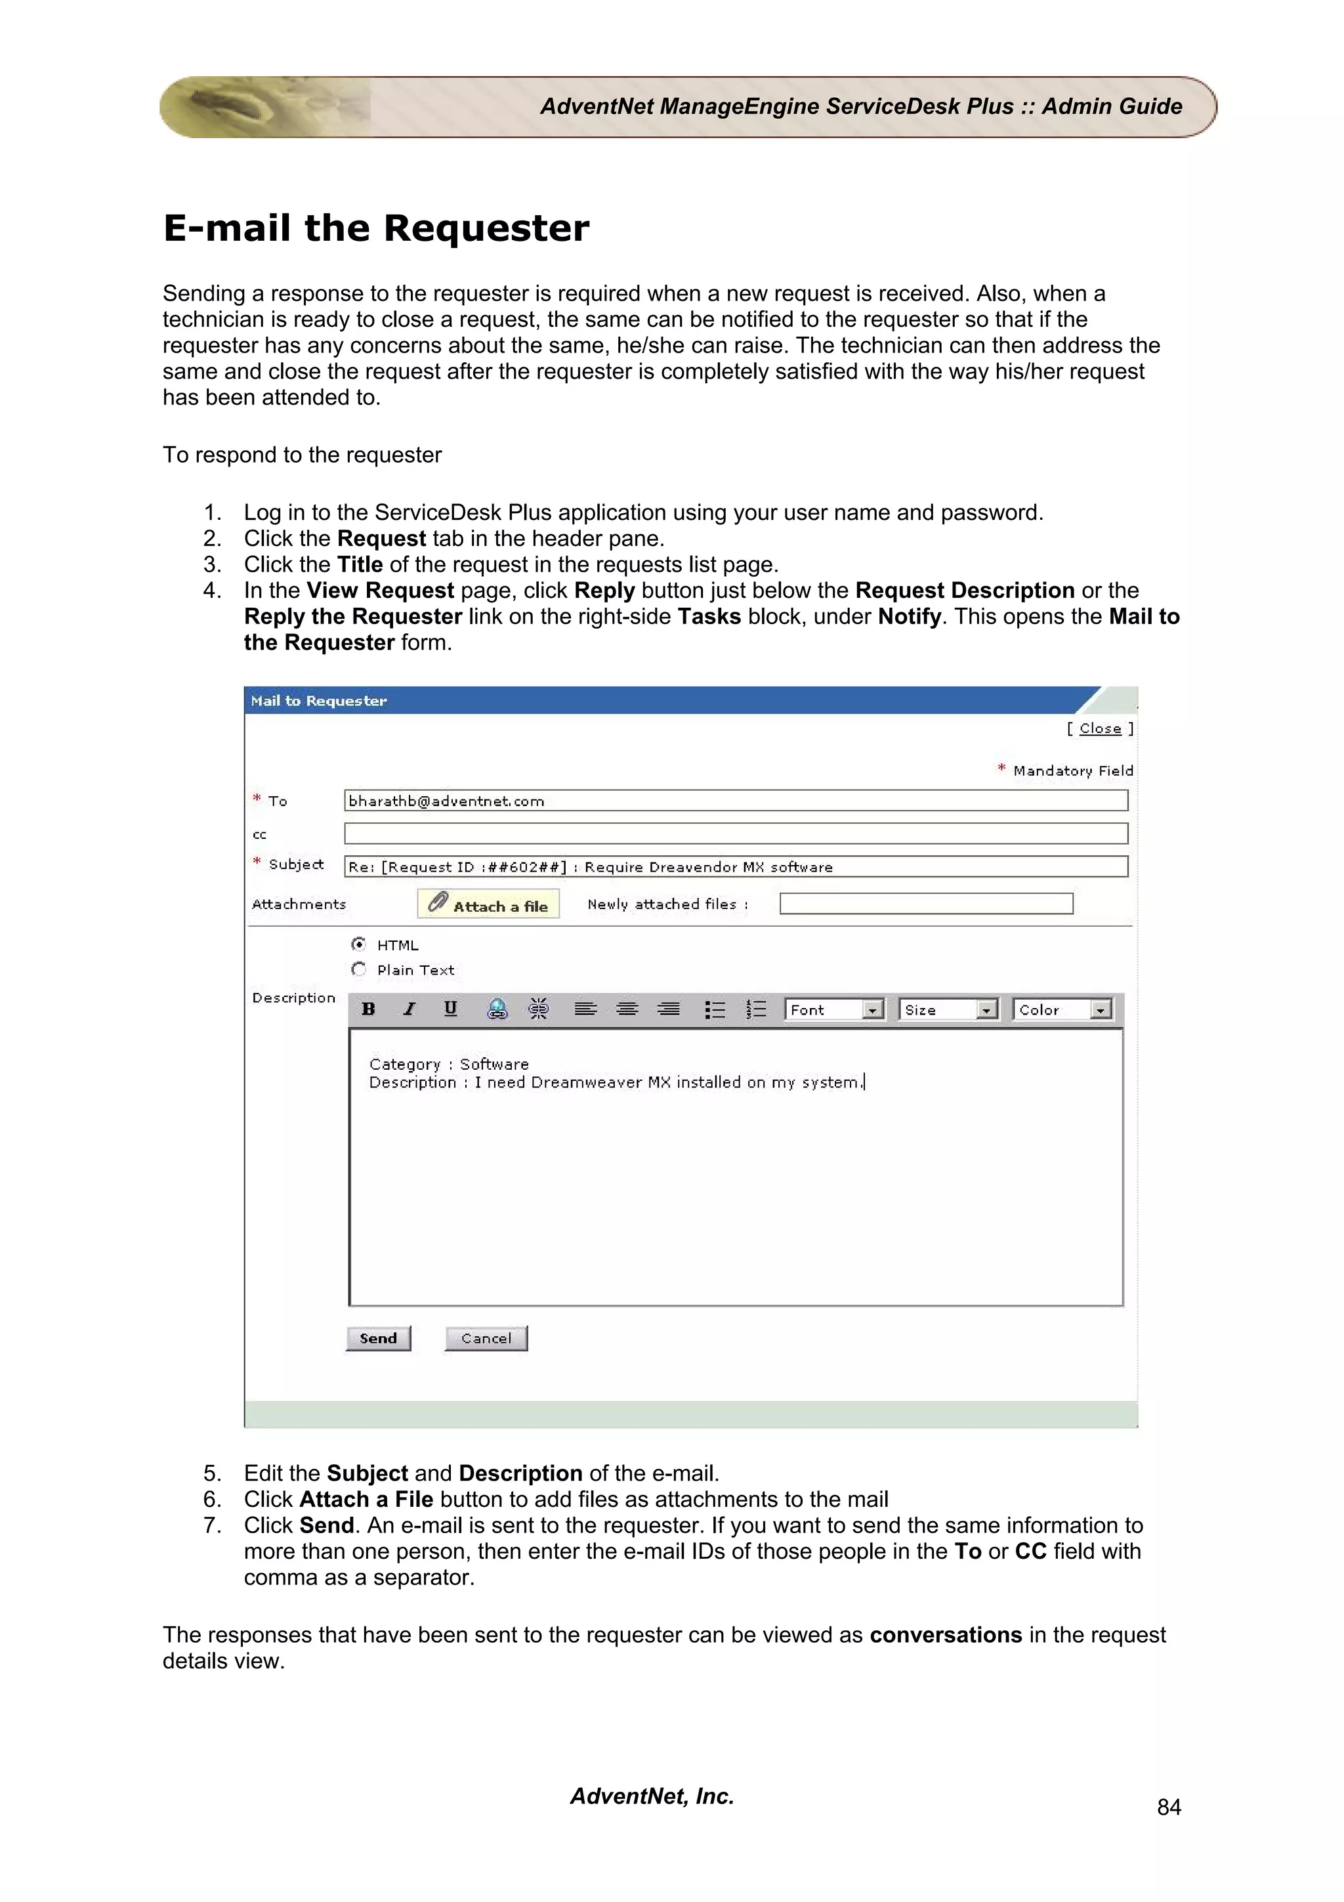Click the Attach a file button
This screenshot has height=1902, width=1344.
coord(488,904)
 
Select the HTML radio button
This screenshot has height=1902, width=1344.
coord(358,944)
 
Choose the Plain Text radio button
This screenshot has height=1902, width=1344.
coord(358,969)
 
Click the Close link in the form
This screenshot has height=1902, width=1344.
coord(1100,729)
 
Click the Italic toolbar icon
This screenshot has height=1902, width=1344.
coord(409,1009)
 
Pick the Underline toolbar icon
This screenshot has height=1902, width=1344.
coord(450,1009)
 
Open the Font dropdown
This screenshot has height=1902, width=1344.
coord(834,1010)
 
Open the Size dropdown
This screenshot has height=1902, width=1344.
coord(948,1010)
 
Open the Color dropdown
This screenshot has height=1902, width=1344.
coord(1062,1010)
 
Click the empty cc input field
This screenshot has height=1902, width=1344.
coord(736,834)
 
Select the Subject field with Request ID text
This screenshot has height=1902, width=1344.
coord(736,866)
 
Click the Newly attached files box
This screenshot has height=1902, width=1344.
coord(926,904)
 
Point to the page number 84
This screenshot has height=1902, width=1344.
coord(1168,1807)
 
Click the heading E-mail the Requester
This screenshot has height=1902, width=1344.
coord(376,228)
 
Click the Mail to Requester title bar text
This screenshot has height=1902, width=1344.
coord(319,701)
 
